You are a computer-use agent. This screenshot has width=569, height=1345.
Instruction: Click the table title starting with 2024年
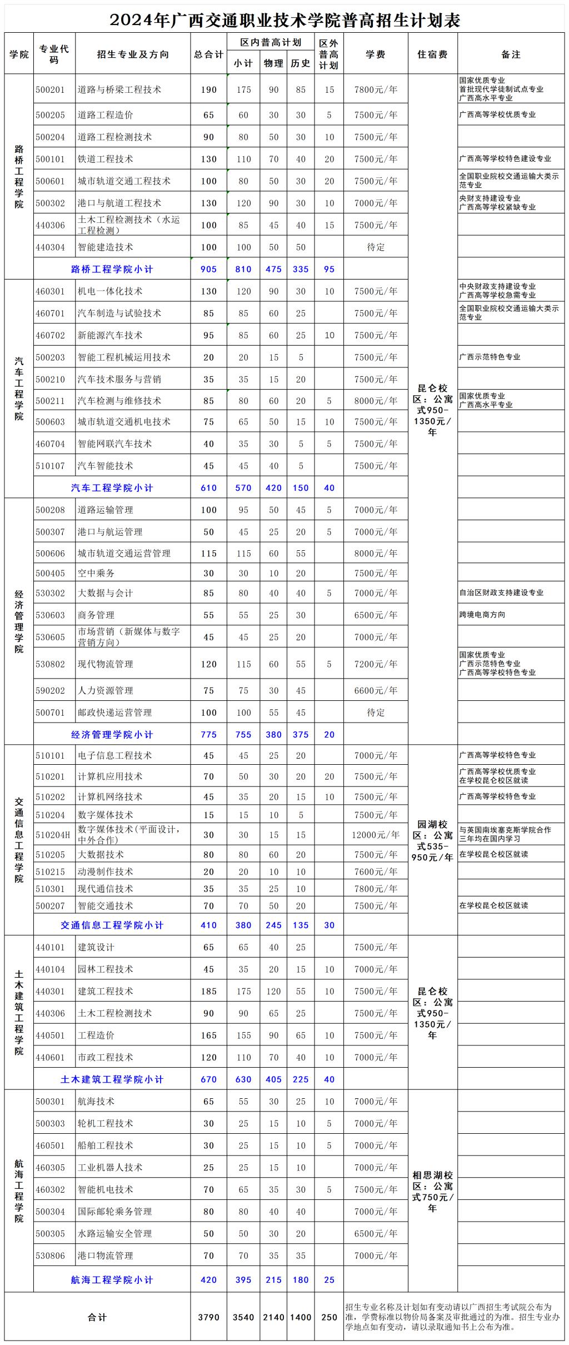(x=284, y=20)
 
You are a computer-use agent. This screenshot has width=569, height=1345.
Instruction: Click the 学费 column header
(x=376, y=54)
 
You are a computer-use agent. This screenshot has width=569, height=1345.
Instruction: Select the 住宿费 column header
(x=432, y=54)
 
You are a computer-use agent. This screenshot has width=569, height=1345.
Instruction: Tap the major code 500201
(x=51, y=89)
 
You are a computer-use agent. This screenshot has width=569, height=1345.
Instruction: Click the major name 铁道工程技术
(x=106, y=159)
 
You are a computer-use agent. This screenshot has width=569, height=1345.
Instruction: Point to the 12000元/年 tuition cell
(x=376, y=834)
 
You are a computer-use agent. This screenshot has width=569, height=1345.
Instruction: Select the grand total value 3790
(x=208, y=1317)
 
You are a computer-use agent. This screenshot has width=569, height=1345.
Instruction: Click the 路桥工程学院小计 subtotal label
(x=112, y=269)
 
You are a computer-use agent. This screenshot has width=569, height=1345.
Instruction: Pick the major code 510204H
(x=53, y=834)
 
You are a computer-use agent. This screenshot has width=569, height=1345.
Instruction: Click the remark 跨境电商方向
(x=482, y=615)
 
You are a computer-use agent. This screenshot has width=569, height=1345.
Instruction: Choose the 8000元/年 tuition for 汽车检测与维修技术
(x=376, y=401)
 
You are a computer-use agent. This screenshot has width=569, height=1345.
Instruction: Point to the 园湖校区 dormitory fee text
(x=432, y=840)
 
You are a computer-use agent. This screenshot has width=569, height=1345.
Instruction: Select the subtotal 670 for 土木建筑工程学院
(x=208, y=1079)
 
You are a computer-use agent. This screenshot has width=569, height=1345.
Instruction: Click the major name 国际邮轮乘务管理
(x=115, y=1212)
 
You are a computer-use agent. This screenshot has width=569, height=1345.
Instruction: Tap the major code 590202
(x=51, y=690)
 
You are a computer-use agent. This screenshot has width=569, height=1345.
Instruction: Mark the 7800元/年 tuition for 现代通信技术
(x=376, y=889)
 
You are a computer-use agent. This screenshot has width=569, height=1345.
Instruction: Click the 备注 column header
(x=511, y=54)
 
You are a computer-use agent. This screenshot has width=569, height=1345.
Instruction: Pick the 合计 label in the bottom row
(x=97, y=1317)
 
